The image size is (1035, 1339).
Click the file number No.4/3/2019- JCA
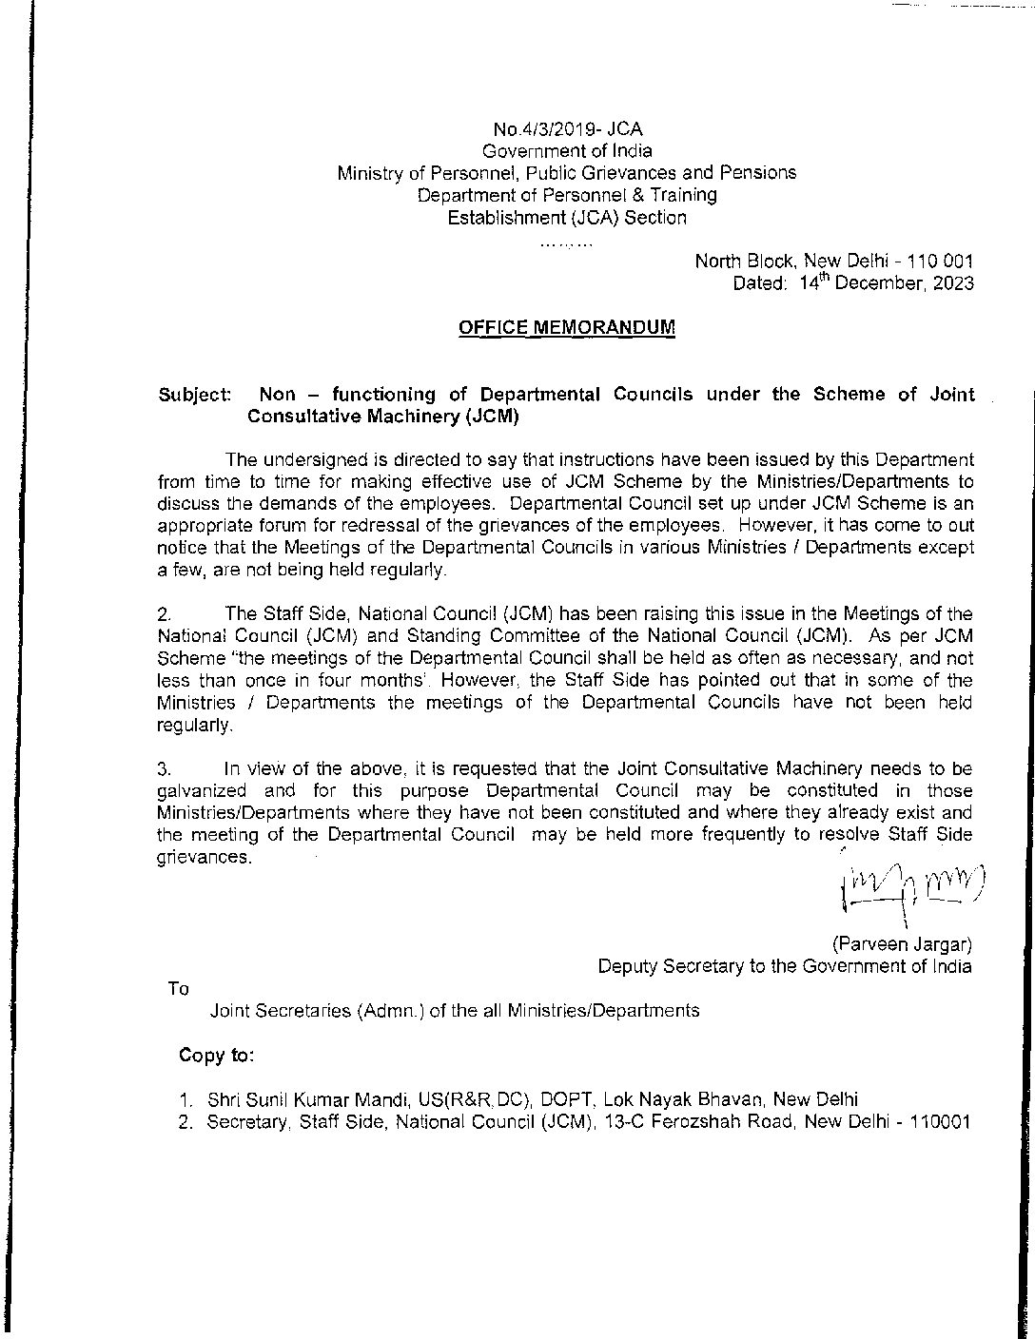[x=567, y=129]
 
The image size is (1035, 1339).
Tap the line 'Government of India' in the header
[x=567, y=151]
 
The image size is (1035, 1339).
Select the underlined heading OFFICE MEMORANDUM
[x=567, y=327]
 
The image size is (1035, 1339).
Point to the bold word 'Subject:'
[x=194, y=395]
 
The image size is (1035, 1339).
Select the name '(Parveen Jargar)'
[x=902, y=944]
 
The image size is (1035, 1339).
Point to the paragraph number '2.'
[x=163, y=615]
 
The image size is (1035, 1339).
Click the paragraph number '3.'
[x=163, y=768]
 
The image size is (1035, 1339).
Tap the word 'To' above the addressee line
[x=178, y=988]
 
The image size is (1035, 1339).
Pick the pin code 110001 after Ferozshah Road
[x=939, y=1121]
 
